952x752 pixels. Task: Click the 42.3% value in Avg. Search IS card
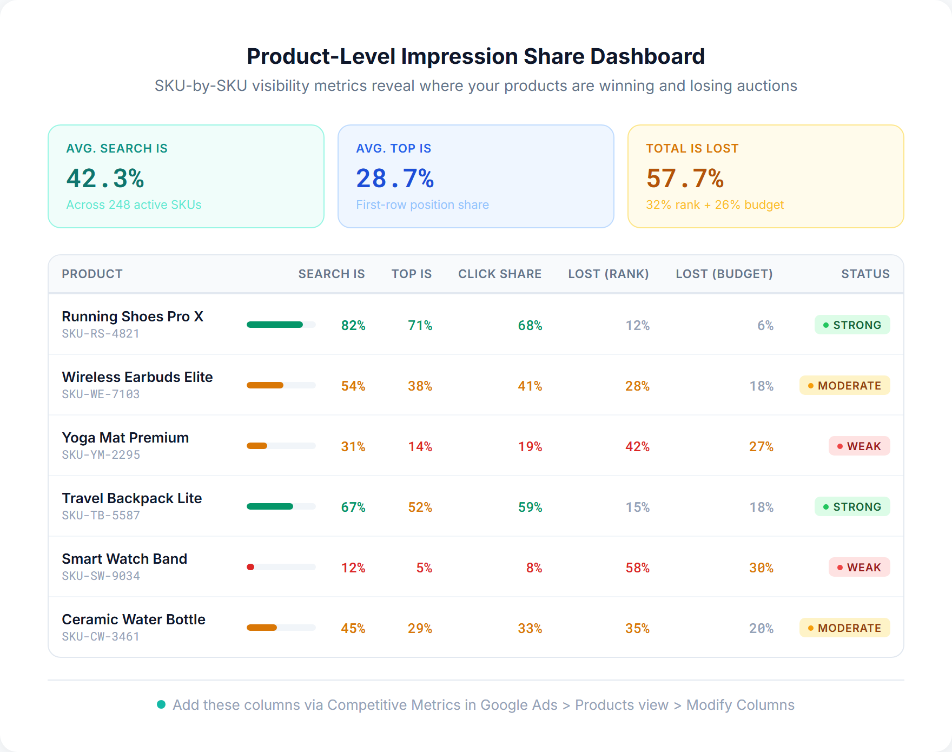point(105,179)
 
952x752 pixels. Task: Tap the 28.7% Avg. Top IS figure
point(395,179)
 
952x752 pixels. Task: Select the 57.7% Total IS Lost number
point(685,179)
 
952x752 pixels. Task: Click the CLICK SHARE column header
point(499,274)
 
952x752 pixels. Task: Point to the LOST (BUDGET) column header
point(724,274)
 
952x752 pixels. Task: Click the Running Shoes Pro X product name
point(133,316)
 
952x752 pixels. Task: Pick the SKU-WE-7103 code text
point(101,394)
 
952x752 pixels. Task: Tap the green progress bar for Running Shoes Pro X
point(275,325)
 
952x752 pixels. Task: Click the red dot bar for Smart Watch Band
point(250,567)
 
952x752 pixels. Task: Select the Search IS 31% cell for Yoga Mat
point(353,447)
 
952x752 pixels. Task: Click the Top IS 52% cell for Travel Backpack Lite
point(420,507)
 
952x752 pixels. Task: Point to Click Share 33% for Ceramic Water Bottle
point(530,629)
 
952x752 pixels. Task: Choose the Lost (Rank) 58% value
point(637,568)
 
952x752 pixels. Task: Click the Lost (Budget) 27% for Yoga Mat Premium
point(761,447)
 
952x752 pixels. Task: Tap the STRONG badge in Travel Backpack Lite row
point(852,507)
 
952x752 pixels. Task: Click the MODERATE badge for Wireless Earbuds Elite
point(844,386)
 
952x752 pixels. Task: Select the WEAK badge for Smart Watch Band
point(859,568)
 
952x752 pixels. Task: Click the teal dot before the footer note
point(161,704)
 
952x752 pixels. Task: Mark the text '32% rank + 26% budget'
point(715,205)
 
